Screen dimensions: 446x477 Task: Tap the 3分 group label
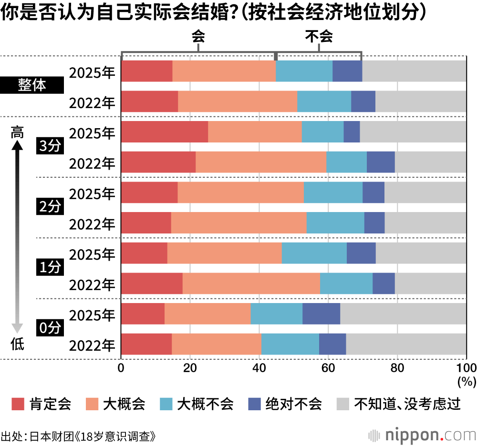click(50, 147)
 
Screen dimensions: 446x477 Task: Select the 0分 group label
click(50, 328)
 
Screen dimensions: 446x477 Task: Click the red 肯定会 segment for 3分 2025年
click(165, 132)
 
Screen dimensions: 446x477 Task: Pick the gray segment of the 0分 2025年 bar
click(403, 314)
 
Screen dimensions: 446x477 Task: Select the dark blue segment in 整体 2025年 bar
click(347, 71)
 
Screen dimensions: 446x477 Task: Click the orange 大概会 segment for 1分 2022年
click(251, 284)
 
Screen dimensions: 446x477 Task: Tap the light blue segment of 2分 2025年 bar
click(333, 193)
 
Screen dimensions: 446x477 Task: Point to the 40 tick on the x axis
click(259, 368)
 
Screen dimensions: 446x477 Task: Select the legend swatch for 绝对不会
click(255, 405)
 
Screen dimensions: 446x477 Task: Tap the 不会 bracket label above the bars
click(319, 37)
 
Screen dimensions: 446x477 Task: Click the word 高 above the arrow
click(17, 132)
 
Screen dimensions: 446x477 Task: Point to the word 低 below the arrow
click(17, 344)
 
